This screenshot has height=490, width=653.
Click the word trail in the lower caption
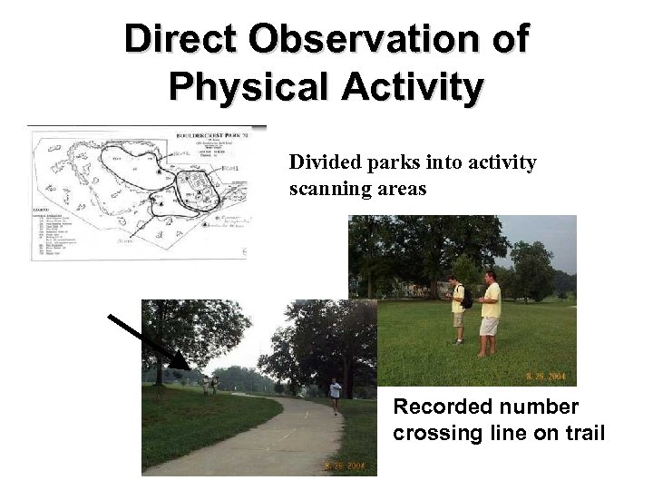point(583,433)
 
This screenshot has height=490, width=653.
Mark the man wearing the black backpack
point(458,309)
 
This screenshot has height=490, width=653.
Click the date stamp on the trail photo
point(345,466)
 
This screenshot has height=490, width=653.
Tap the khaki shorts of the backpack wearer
point(458,319)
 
